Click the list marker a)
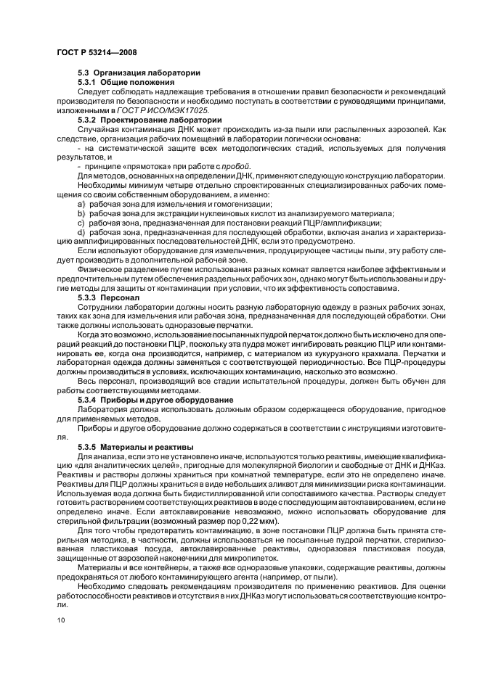click(x=80, y=205)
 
